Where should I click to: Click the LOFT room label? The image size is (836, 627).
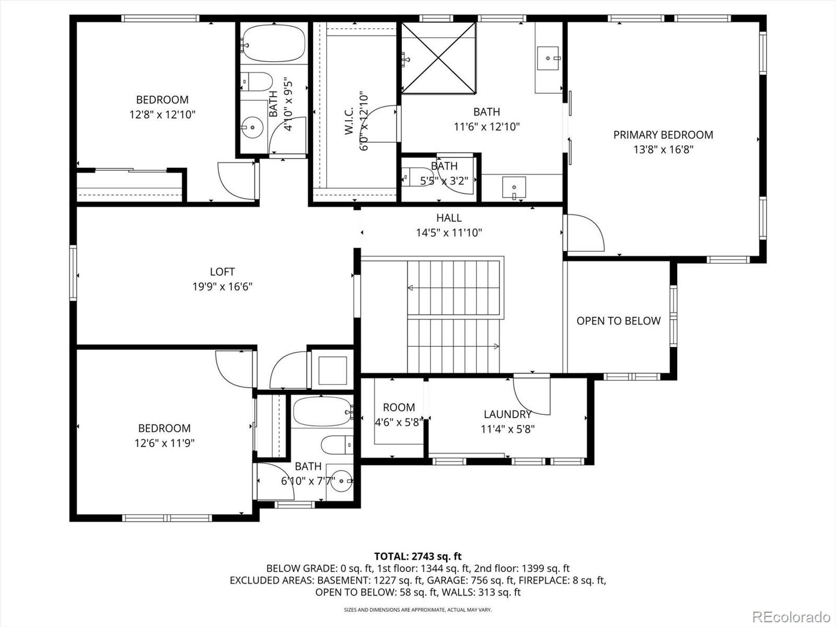222,271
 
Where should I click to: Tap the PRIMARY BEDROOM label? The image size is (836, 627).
663,135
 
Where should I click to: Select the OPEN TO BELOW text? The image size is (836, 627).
618,320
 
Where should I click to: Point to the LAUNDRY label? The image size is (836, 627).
507,414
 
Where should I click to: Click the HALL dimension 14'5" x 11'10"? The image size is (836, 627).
449,232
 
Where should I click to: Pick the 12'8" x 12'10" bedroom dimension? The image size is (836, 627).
162,114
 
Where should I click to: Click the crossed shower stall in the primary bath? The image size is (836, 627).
438,57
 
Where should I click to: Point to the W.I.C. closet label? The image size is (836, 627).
349,120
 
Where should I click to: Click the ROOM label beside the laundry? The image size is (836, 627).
399,407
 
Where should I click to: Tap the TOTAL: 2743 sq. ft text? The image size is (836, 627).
418,556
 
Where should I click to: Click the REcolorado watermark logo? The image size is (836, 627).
793,616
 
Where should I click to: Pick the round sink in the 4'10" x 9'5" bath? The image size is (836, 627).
252,127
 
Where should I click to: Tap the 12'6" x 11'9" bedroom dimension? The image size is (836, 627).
164,443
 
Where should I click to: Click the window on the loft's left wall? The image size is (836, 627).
73,273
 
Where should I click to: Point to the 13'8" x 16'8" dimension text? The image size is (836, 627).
663,149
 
